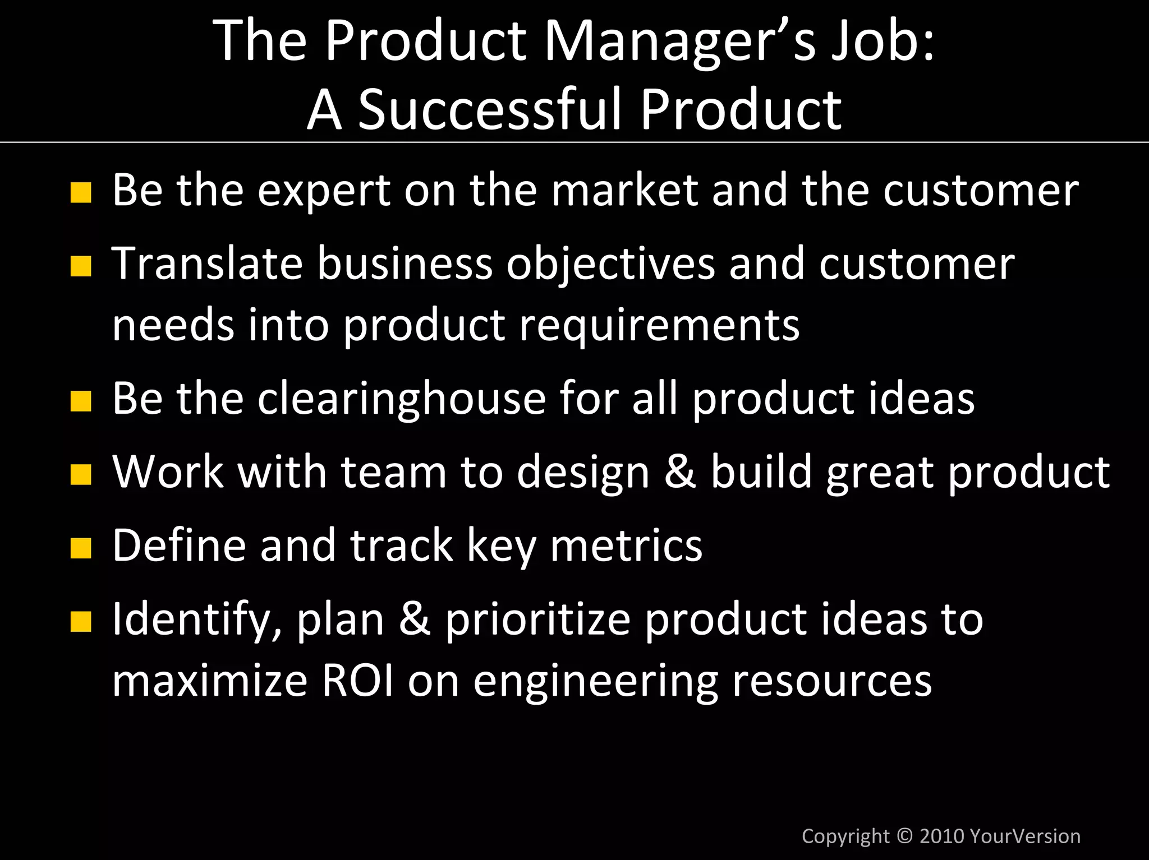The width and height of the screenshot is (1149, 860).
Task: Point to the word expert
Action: pos(324,191)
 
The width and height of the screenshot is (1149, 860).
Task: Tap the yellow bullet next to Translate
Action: pos(81,266)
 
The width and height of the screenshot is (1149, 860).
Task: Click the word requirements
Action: pos(659,325)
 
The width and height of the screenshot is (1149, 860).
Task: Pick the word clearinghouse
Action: pos(402,399)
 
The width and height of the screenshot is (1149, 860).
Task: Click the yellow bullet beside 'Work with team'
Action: pos(81,474)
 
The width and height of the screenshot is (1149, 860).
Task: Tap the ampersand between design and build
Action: pos(680,471)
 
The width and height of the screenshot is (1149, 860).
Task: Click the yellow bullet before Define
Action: pos(81,548)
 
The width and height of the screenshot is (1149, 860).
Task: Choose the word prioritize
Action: pos(538,619)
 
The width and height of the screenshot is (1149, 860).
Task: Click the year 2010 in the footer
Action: pos(942,836)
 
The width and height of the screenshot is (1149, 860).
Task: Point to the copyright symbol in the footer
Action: pos(904,836)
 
